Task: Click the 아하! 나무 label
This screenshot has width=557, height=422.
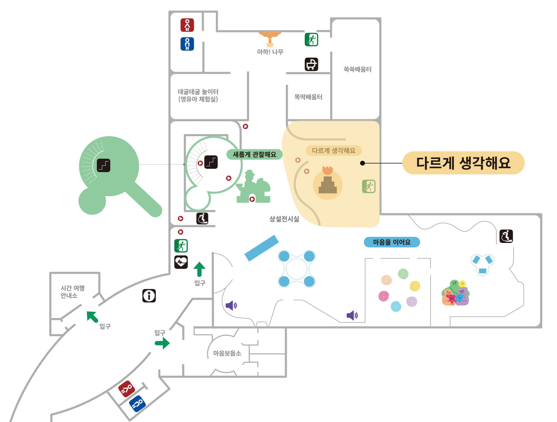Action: coord(270,52)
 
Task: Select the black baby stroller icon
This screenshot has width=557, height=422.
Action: coord(311,64)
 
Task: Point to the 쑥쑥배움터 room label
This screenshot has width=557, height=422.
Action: coord(357,69)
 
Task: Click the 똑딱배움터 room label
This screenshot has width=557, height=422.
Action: coord(308,97)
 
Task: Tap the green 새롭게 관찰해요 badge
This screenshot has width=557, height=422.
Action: coord(254,154)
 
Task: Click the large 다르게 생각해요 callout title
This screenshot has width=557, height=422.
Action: coord(463,163)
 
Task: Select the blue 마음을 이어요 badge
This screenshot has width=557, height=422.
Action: coord(392,242)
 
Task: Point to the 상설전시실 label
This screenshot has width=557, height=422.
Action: coord(284,219)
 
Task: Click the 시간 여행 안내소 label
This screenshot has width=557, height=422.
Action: coord(72,292)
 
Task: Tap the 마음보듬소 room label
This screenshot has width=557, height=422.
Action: coord(227,353)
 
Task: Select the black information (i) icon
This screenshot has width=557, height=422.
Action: coord(149,296)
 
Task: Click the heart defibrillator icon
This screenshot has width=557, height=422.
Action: coord(181,262)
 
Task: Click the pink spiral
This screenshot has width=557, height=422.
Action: coord(383,296)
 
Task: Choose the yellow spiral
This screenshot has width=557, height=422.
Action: coord(415,286)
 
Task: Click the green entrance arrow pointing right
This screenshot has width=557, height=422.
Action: coord(162,343)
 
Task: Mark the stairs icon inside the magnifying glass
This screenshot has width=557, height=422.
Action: coord(104,165)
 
